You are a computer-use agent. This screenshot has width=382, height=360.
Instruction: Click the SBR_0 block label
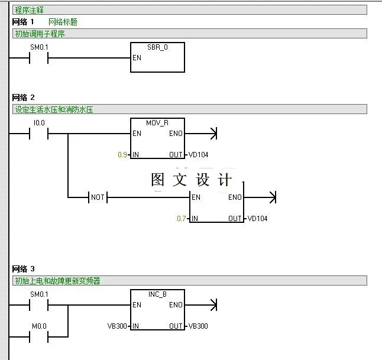coord(157,47)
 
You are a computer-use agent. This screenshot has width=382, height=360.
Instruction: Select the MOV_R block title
coord(157,122)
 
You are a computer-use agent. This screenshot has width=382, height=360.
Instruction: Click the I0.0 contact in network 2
coord(39,134)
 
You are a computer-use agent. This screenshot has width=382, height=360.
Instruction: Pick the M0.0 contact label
coord(39,326)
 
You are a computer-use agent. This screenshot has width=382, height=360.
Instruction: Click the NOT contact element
coord(97,197)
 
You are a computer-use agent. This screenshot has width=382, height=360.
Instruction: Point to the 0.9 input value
coord(122,155)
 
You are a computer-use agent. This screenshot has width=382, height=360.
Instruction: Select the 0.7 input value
coord(182,219)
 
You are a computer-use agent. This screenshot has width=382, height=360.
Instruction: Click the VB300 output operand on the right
coord(198,326)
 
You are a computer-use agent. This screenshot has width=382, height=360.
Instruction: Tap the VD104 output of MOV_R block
coord(198,155)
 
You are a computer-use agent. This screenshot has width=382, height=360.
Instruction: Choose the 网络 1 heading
coord(24,22)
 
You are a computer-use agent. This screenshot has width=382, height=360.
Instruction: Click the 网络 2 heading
coord(24,98)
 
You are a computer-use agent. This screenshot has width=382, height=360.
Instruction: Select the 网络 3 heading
coord(24,269)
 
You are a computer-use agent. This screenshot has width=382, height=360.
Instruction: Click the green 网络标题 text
coord(63,22)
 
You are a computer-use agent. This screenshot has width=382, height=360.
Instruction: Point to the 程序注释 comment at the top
coord(29,10)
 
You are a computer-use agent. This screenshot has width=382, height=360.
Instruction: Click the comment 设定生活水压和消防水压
coord(54,109)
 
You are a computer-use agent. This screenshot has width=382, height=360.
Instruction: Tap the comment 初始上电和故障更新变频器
coord(57,281)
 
